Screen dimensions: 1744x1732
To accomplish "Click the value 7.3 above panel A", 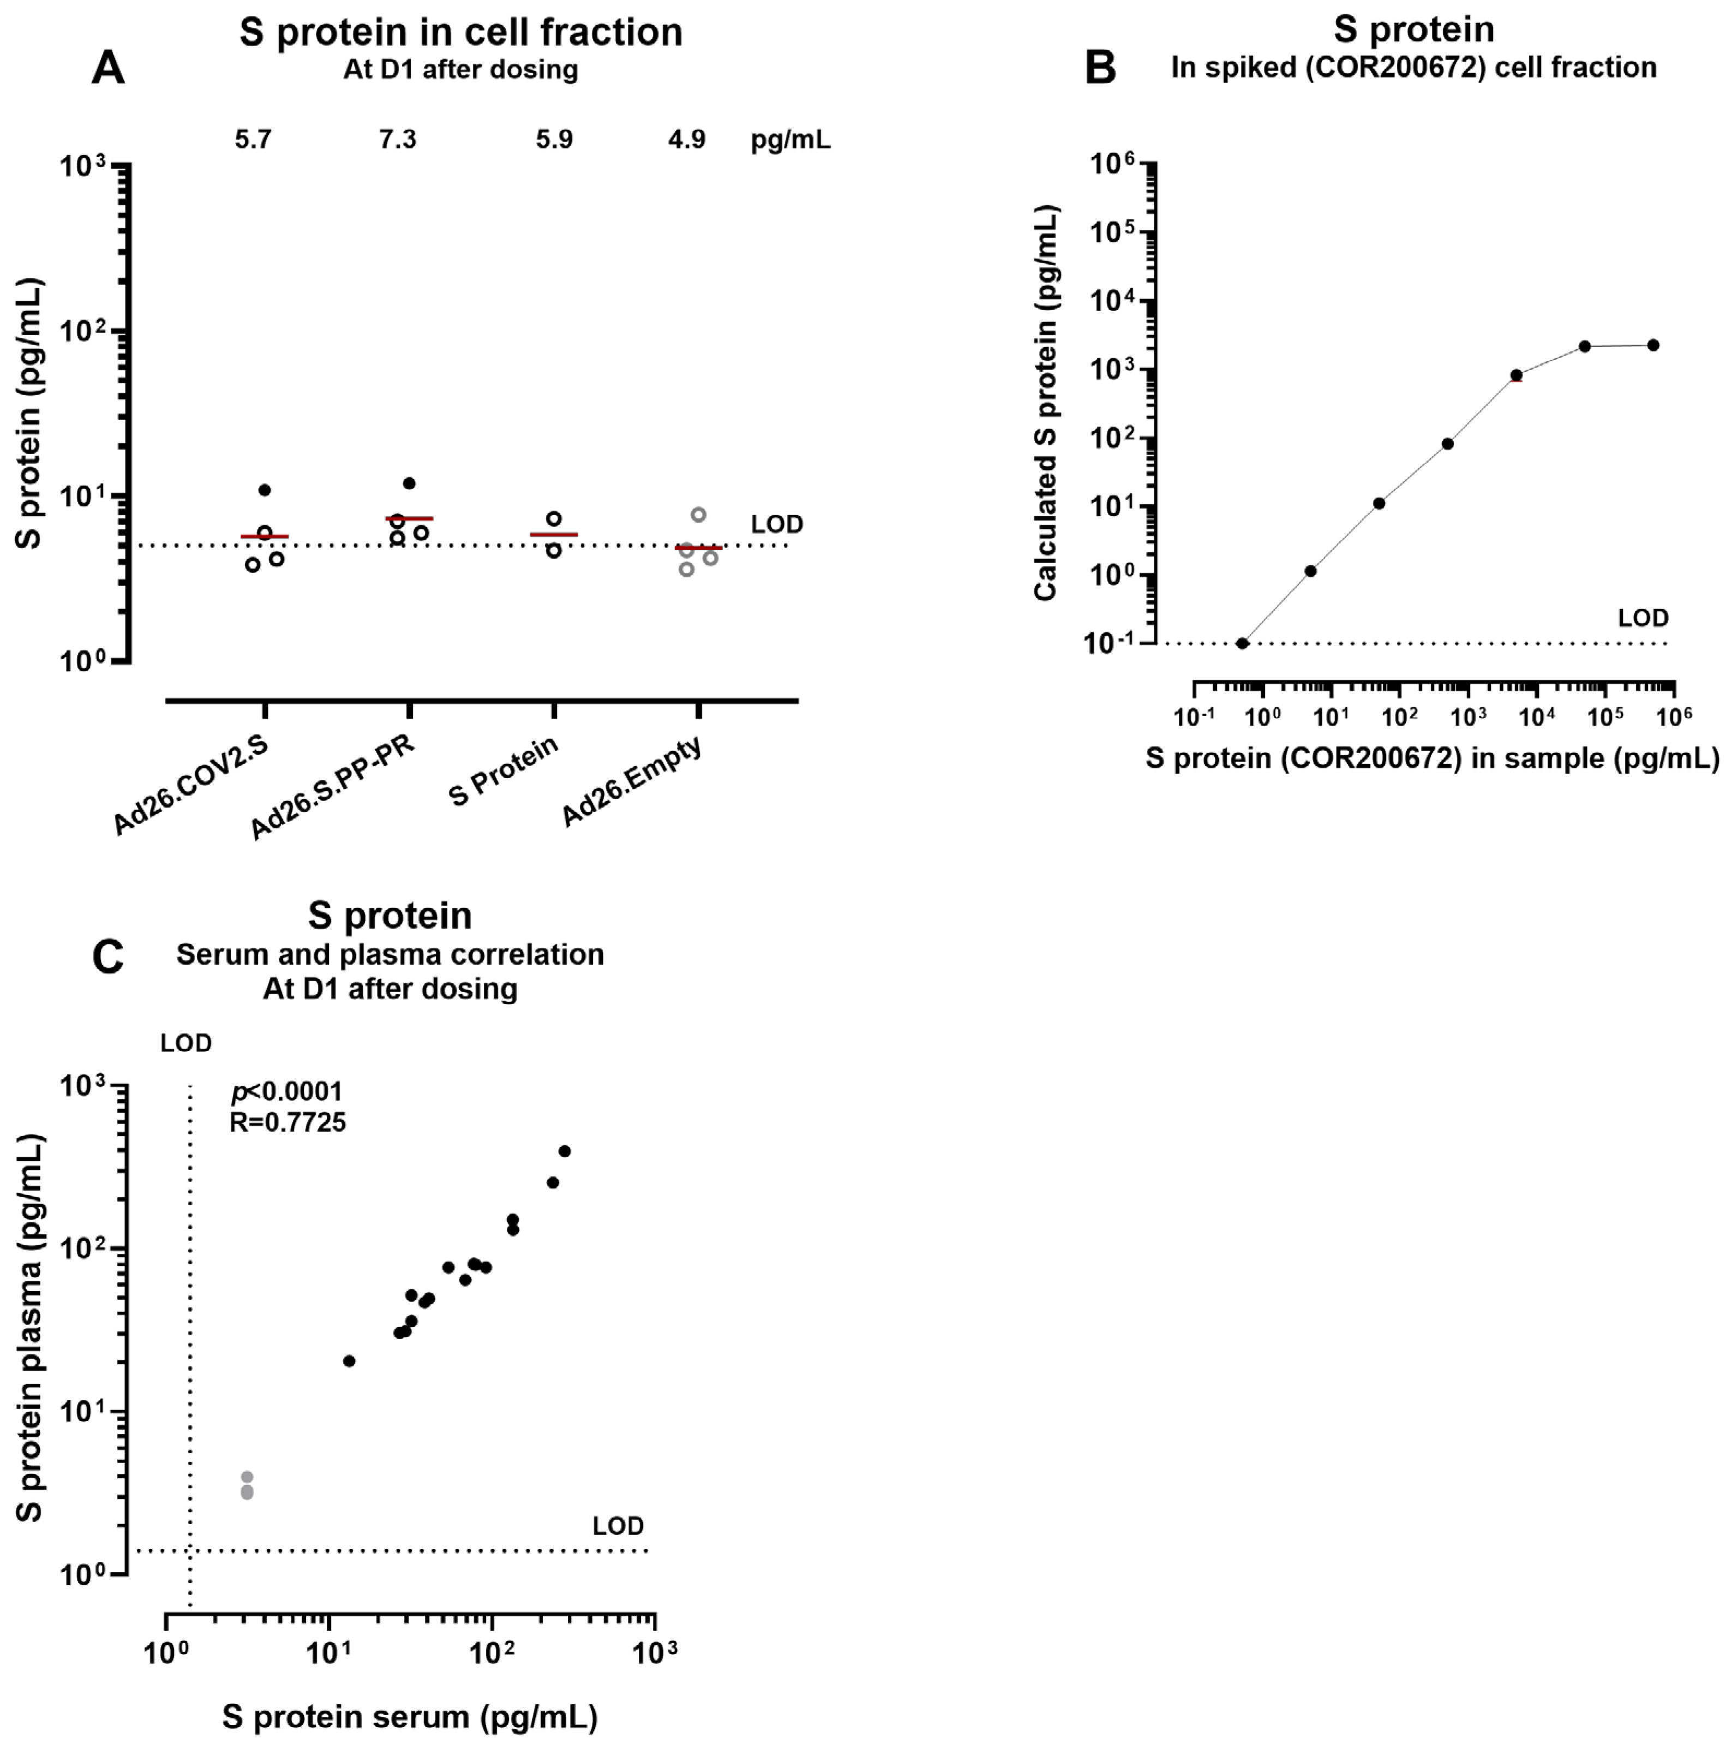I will click(x=397, y=139).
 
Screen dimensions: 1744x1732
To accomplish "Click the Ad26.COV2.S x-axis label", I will click(x=190, y=785).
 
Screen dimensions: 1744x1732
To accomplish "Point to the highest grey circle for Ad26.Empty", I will click(x=699, y=515).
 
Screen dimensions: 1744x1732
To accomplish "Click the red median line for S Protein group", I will click(x=553, y=534).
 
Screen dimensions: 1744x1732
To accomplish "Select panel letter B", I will click(x=1100, y=68).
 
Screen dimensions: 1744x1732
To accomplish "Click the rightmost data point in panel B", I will click(x=1652, y=345).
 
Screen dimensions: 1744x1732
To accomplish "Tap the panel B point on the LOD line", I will click(x=1242, y=643).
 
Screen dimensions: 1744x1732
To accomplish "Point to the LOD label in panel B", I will click(x=1643, y=618).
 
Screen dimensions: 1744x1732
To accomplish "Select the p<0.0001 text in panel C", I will click(x=287, y=1092).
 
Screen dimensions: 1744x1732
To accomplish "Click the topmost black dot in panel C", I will click(x=565, y=1151).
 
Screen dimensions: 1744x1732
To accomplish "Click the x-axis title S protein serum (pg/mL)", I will click(x=411, y=1716).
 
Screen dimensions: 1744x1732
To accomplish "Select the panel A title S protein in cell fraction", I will click(x=460, y=33).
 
